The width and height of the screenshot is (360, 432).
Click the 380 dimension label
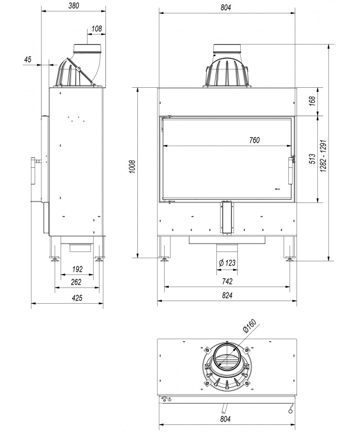(x=74, y=5)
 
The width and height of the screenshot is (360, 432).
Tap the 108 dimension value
(x=97, y=29)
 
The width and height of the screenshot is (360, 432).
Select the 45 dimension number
(x=28, y=59)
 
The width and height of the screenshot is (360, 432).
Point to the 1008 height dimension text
(x=132, y=166)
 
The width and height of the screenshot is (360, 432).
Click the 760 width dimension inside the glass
(x=254, y=140)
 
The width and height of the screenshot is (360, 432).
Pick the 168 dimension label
(x=312, y=102)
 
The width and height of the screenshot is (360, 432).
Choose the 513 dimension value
(x=312, y=159)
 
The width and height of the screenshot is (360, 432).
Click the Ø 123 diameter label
(x=227, y=263)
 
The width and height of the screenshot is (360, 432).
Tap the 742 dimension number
(x=227, y=281)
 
